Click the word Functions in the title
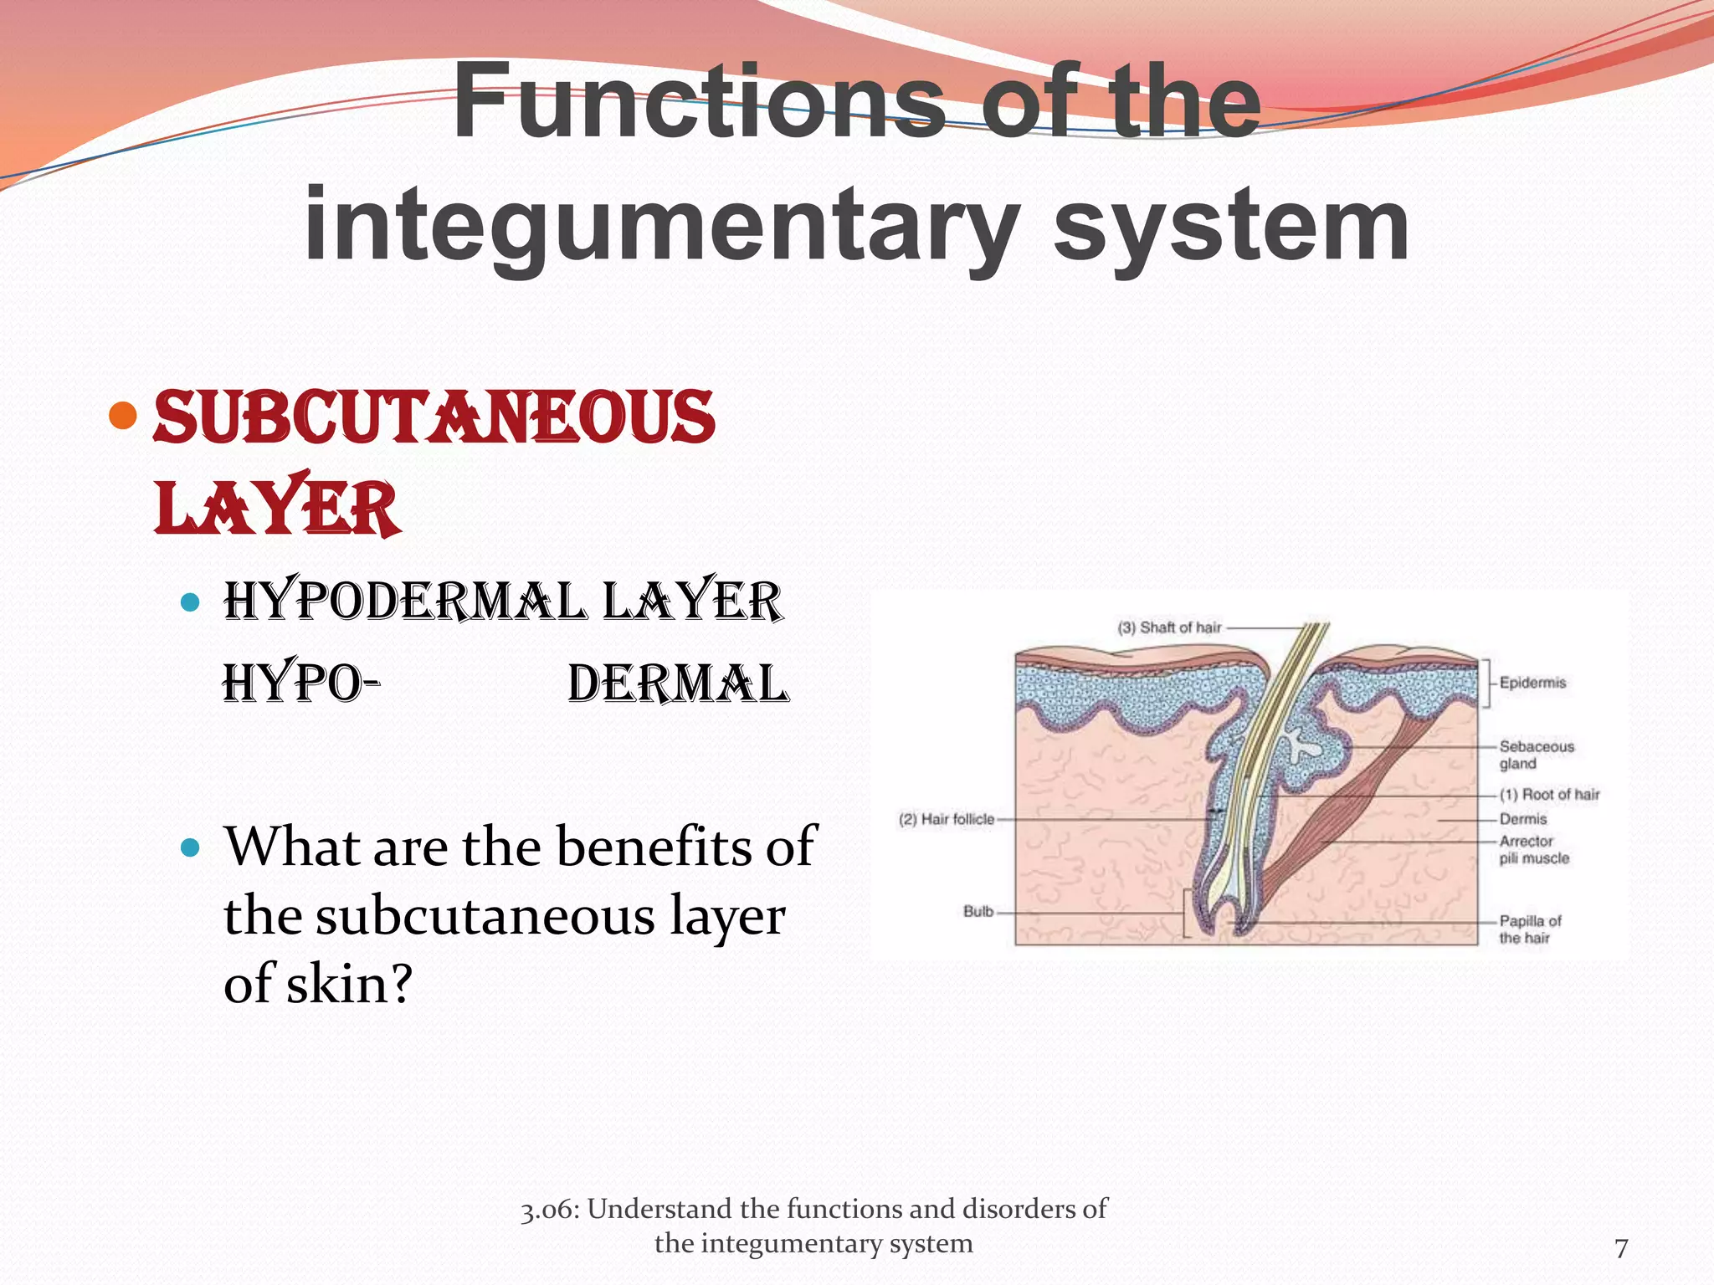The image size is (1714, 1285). click(x=699, y=102)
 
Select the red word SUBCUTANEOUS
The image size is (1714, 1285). click(x=434, y=417)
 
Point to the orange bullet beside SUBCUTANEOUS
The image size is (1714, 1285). click(x=123, y=415)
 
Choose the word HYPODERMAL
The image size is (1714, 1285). click(x=405, y=601)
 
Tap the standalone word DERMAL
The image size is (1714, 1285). click(x=678, y=683)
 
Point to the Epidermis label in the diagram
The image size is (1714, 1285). click(x=1532, y=683)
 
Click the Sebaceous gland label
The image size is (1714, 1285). click(x=1536, y=755)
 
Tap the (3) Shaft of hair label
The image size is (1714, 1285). click(x=1169, y=627)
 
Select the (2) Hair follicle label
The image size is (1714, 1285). click(x=947, y=819)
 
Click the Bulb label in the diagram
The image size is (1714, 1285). click(x=978, y=911)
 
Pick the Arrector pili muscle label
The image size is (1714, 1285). click(x=1533, y=849)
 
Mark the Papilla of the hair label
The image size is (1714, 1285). click(x=1530, y=929)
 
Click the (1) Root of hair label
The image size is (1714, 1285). click(x=1549, y=794)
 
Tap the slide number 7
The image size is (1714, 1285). click(x=1621, y=1248)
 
